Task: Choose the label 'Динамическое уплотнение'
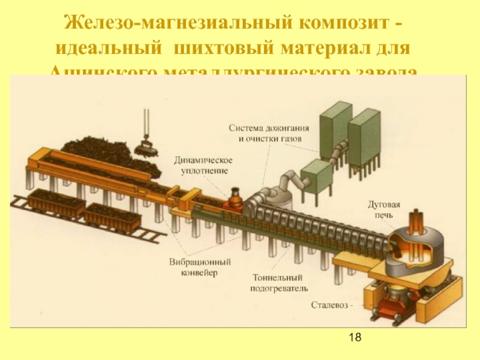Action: click(x=203, y=165)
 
